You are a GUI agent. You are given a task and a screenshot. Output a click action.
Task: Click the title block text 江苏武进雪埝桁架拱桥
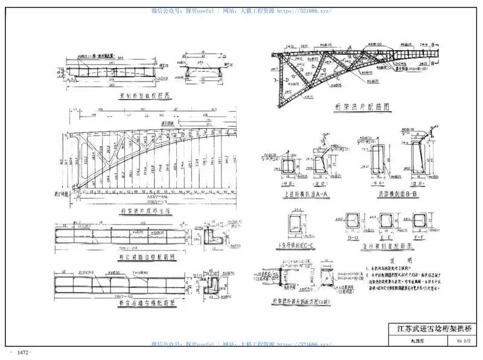[433, 329]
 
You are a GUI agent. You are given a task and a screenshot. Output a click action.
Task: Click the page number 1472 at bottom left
[24, 352]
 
